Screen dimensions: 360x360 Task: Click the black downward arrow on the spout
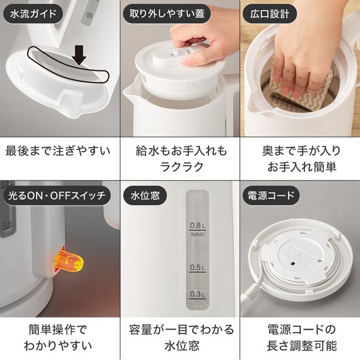[79, 54]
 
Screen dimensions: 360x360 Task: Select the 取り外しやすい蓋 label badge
[165, 13]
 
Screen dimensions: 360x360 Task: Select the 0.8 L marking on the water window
[198, 225]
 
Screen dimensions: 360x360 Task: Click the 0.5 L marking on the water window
[198, 268]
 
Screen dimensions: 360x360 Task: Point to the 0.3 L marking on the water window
[198, 294]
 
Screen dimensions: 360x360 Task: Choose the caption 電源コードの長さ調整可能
[300, 337]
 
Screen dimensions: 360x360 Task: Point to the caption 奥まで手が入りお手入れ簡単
[300, 160]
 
